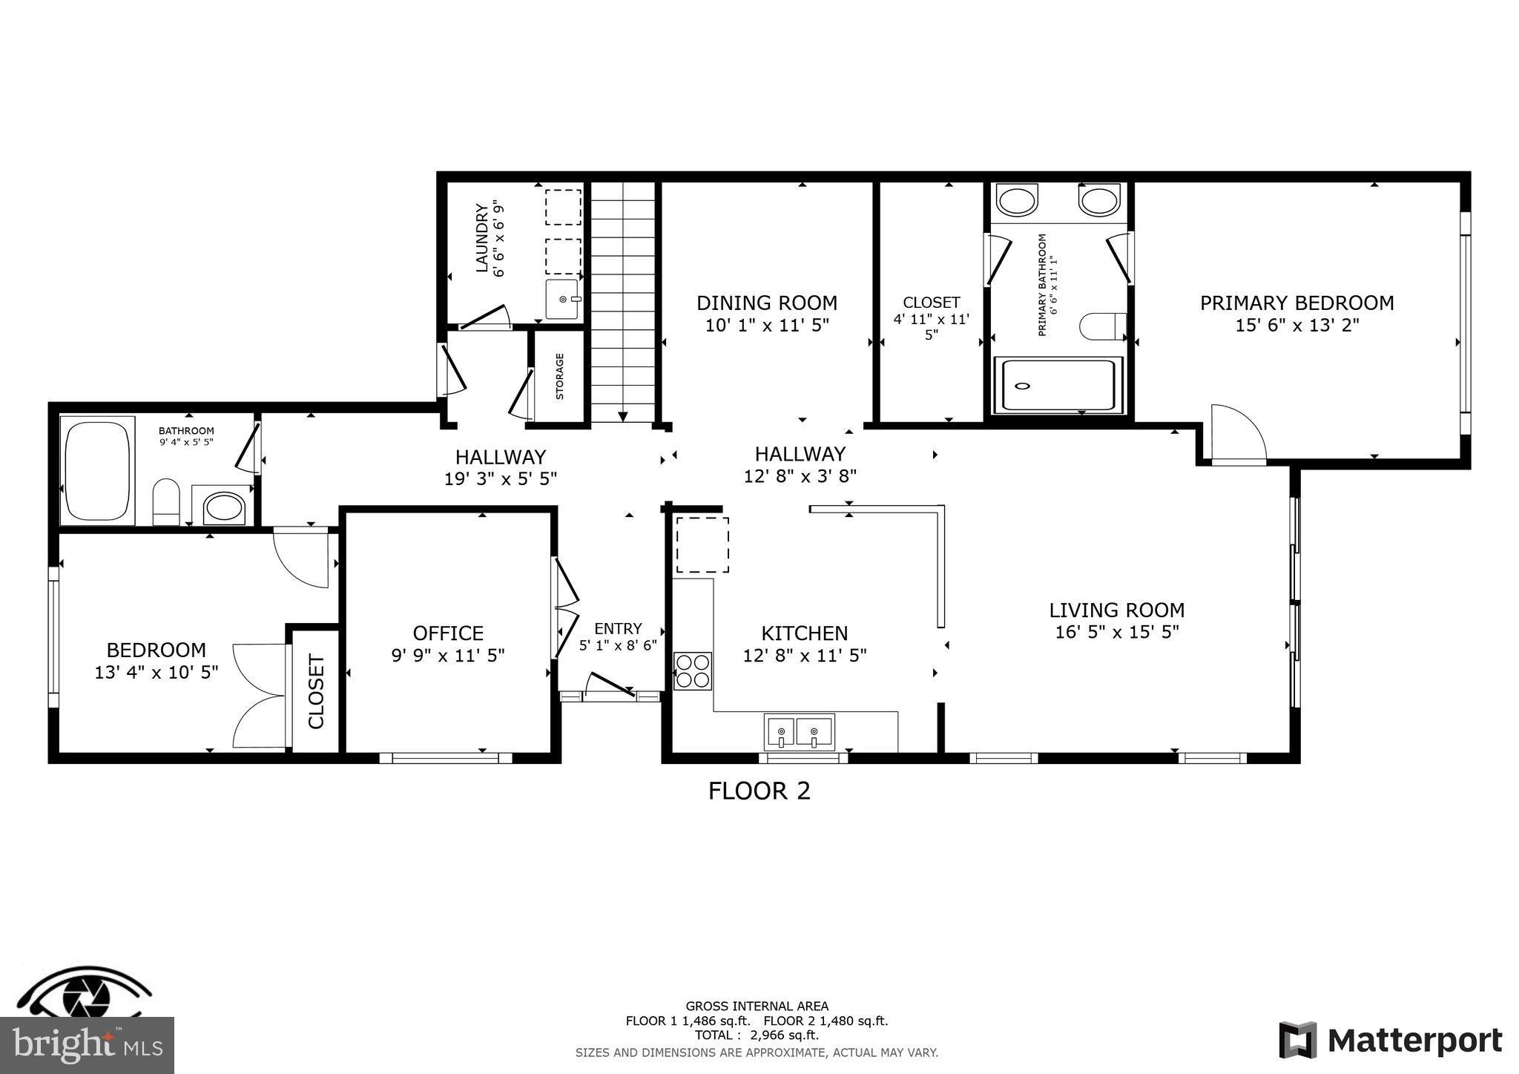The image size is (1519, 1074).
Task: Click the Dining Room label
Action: [x=766, y=303]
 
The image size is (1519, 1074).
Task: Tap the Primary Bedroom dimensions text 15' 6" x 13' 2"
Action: [x=1296, y=326]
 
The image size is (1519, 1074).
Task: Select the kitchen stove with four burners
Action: [x=692, y=671]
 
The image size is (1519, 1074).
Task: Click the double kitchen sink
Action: [x=799, y=732]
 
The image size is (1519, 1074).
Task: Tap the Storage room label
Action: [x=560, y=376]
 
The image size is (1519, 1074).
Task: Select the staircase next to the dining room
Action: [x=623, y=300]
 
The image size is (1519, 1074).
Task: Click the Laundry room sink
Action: [x=563, y=299]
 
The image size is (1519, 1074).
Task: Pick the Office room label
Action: [x=448, y=633]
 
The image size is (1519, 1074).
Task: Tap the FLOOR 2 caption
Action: [x=759, y=791]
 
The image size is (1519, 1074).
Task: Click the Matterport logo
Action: [x=1390, y=1040]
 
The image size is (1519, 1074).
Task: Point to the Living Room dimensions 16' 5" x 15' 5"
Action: [x=1116, y=633]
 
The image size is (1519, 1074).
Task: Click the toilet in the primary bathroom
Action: [x=1101, y=326]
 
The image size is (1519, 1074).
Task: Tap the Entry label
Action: [x=618, y=629]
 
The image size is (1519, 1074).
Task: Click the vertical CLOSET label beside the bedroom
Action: [x=317, y=691]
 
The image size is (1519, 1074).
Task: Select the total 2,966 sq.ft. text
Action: [x=757, y=1035]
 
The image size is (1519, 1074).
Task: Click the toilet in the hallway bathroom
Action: [x=166, y=501]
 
